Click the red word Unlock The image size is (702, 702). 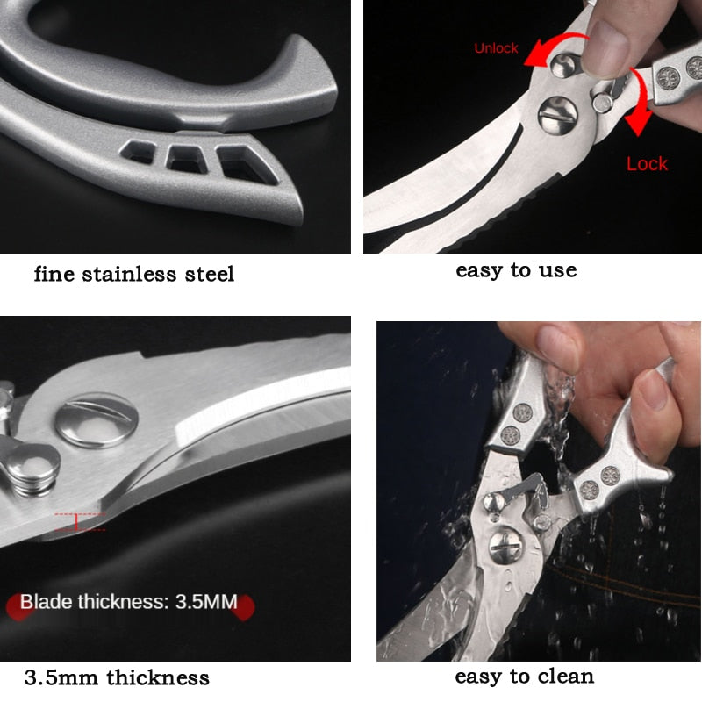click(497, 48)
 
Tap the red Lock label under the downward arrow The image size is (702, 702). click(647, 163)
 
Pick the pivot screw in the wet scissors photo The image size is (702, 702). click(506, 548)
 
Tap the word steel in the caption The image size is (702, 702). click(208, 275)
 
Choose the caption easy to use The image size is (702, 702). click(516, 270)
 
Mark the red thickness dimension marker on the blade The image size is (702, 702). click(77, 522)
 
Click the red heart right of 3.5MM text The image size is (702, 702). click(245, 605)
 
